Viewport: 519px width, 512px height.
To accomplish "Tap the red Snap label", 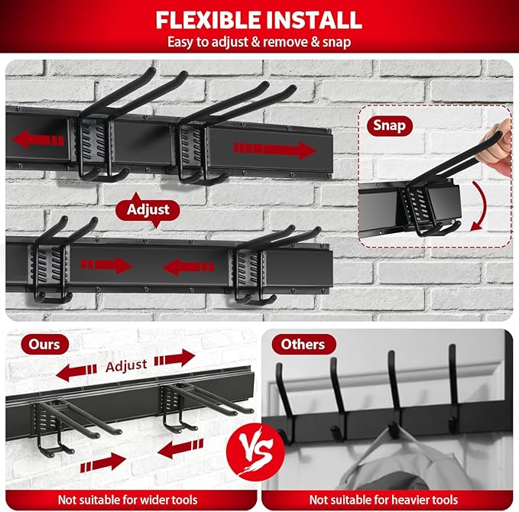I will (389, 125).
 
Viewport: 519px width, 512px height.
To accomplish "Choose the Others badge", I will (303, 344).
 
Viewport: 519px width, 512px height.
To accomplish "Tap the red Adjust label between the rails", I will (148, 209).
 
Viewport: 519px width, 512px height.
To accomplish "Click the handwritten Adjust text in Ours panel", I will (126, 365).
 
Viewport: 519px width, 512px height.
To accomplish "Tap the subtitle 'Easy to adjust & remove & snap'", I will (259, 41).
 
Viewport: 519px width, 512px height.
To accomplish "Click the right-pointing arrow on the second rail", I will (107, 265).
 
